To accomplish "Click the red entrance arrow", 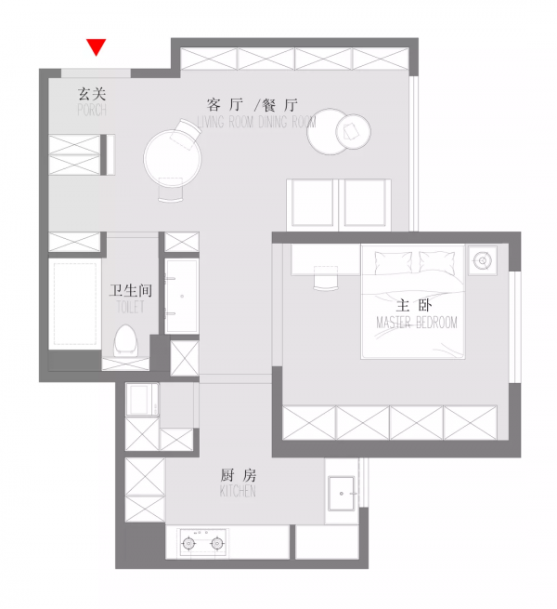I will pos(96,46).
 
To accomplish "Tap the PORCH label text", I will pos(92,110).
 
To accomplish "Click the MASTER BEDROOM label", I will pos(417,323).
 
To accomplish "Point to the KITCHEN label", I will pos(238,490).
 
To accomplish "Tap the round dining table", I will pos(173,155).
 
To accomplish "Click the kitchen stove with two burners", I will pos(204,541).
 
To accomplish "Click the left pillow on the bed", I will pos(394,261).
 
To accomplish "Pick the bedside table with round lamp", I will pos(482,261).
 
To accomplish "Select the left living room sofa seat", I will pos(312,202).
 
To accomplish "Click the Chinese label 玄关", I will pos(93,93).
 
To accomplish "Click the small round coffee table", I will pos(355,131).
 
